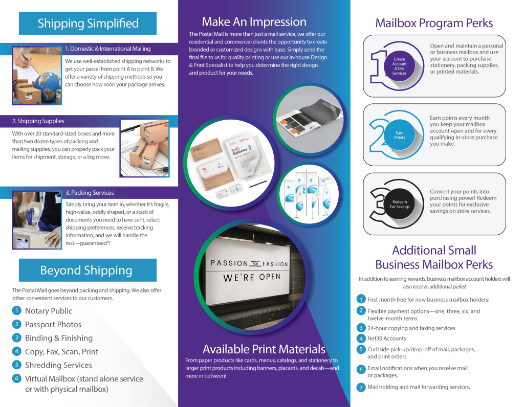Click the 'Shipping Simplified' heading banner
point(88,24)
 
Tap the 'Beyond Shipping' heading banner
point(88,270)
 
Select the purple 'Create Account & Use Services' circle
point(399,66)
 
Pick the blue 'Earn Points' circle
point(399,135)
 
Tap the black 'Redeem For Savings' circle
point(400,204)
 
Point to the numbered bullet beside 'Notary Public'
point(17,310)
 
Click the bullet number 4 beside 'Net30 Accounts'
point(361,338)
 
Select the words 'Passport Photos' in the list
point(53,325)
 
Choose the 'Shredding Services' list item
point(58,365)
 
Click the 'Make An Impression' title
point(254,22)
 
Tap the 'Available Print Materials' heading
point(264,349)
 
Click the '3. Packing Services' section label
point(90,193)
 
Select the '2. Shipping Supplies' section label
point(38,121)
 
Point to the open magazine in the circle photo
point(309,119)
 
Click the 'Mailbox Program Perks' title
point(434,23)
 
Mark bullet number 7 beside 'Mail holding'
point(361,387)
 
